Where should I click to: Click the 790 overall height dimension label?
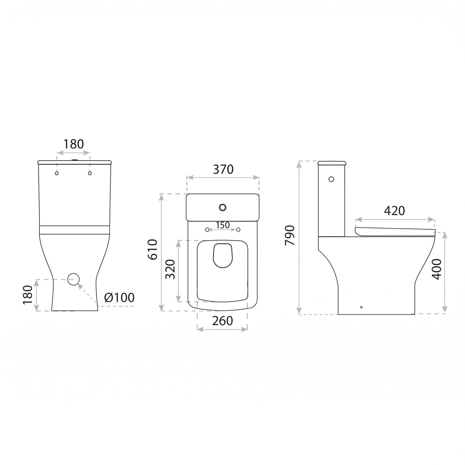pyautogui.click(x=290, y=235)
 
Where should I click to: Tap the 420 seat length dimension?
pyautogui.click(x=394, y=211)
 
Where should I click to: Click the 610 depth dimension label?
pyautogui.click(x=153, y=250)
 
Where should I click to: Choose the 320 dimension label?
pyautogui.click(x=170, y=269)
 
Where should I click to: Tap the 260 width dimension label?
pyautogui.click(x=222, y=321)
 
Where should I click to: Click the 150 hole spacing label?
pyautogui.click(x=223, y=225)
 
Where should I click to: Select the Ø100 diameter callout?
pyautogui.click(x=119, y=298)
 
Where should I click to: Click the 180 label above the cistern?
pyautogui.click(x=74, y=144)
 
